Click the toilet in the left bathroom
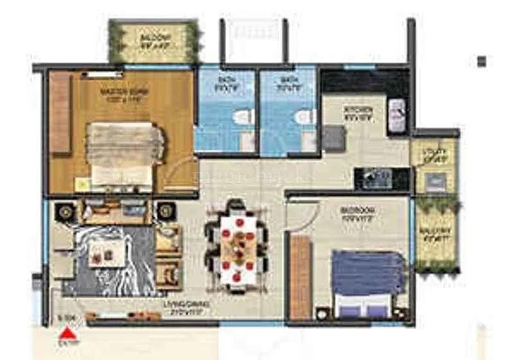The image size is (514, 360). pos(242,118)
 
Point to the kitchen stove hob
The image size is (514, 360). pos(377,178)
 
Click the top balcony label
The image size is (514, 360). pos(153,40)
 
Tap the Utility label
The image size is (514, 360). pos(435,154)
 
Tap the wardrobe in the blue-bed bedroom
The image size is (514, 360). pos(300,276)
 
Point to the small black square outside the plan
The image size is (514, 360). pos(481,61)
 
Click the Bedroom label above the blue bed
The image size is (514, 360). pos(357,212)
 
